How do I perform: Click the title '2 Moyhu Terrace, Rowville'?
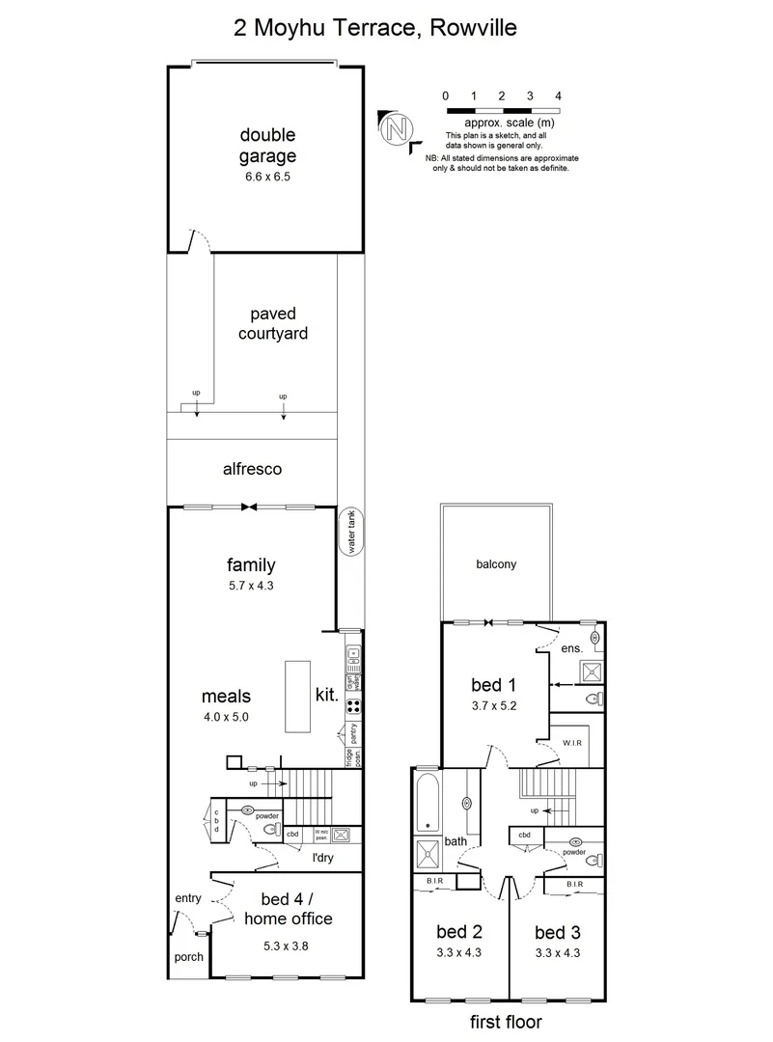(x=375, y=28)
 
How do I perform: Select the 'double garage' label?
(x=267, y=145)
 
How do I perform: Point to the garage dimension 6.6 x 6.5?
(x=267, y=178)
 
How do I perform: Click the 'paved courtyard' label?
(x=272, y=324)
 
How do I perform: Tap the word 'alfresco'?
(x=251, y=470)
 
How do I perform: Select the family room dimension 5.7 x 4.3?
(x=251, y=586)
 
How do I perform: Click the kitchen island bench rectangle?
(x=297, y=698)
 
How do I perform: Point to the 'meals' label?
(x=226, y=696)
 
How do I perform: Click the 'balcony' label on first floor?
(x=496, y=564)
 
